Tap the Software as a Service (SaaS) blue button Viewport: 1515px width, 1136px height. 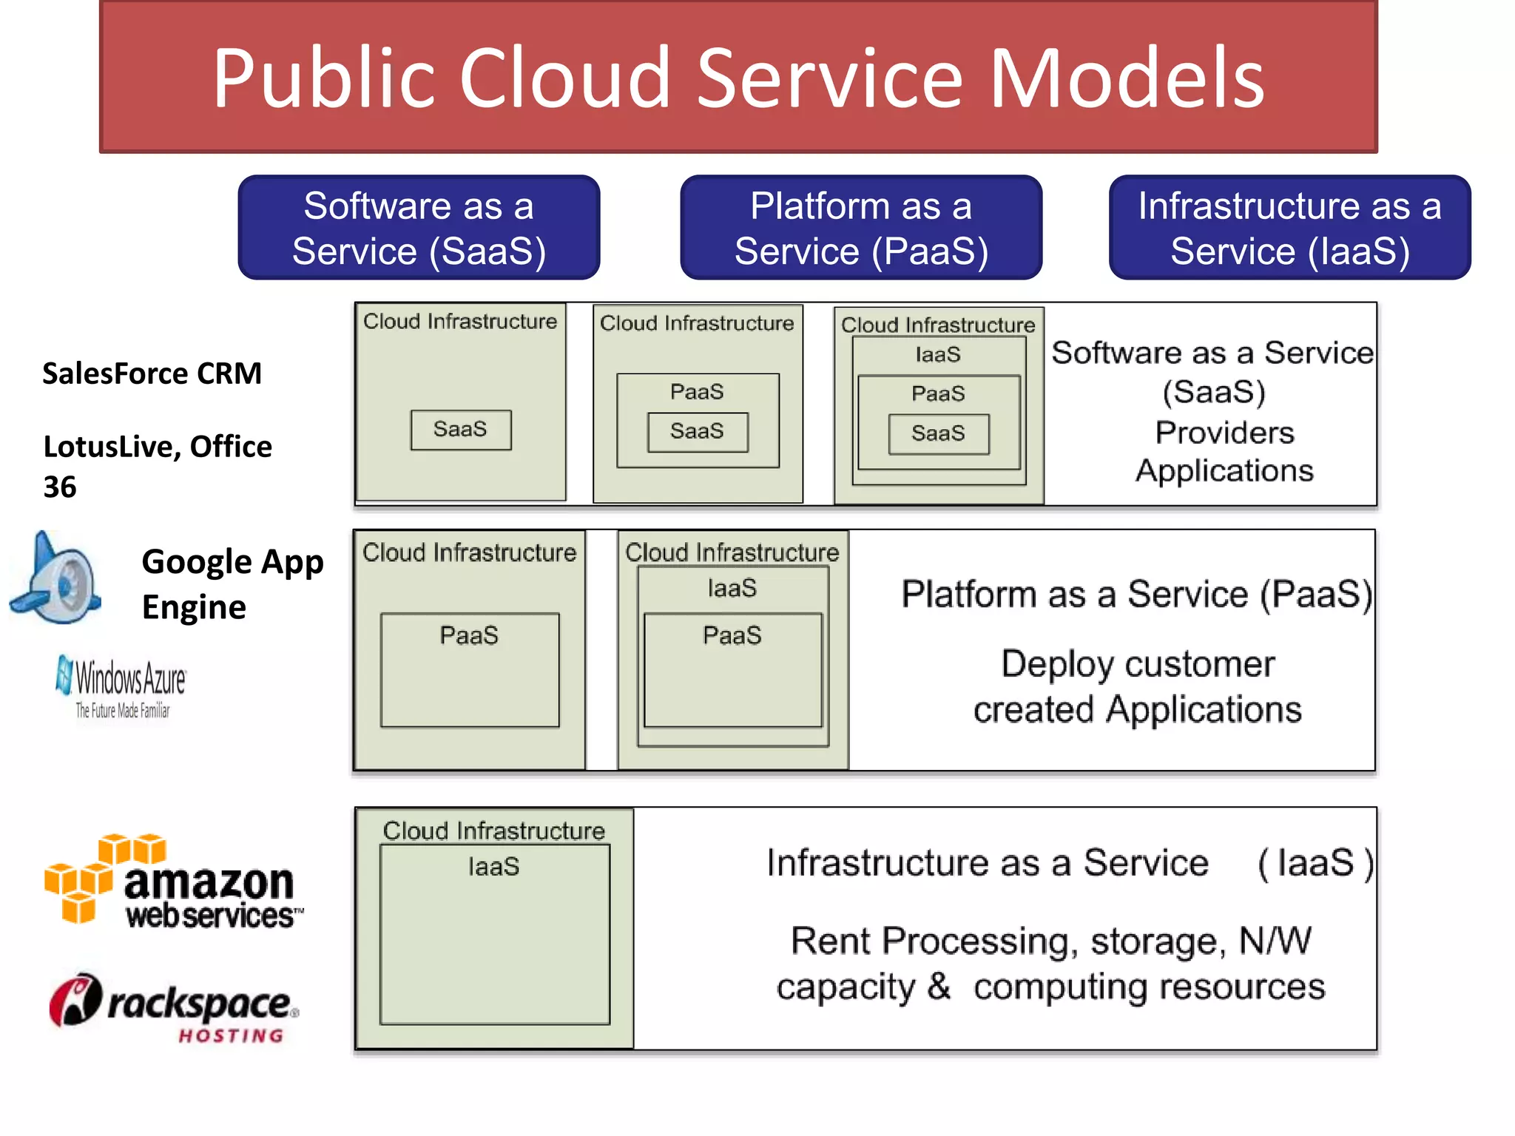(x=419, y=228)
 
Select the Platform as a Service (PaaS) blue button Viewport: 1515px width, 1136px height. (x=861, y=228)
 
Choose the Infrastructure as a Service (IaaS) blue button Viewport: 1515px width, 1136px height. (x=1289, y=228)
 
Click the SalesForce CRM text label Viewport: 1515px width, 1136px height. (x=152, y=373)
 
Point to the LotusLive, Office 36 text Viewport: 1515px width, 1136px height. (x=157, y=466)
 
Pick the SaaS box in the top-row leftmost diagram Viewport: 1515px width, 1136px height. (x=461, y=430)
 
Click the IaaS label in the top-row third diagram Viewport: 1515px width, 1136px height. (x=938, y=355)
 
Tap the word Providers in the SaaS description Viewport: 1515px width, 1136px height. (x=1224, y=433)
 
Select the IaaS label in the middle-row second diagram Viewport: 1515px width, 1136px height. (x=732, y=589)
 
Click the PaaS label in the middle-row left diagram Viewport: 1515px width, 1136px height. (x=469, y=635)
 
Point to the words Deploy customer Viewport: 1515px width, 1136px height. (x=1138, y=664)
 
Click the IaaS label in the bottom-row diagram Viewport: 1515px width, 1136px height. (x=493, y=867)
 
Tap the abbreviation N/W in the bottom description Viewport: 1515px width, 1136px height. (x=1275, y=941)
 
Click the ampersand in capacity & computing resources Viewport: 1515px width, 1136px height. (x=939, y=987)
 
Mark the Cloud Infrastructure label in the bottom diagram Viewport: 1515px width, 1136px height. (x=493, y=831)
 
